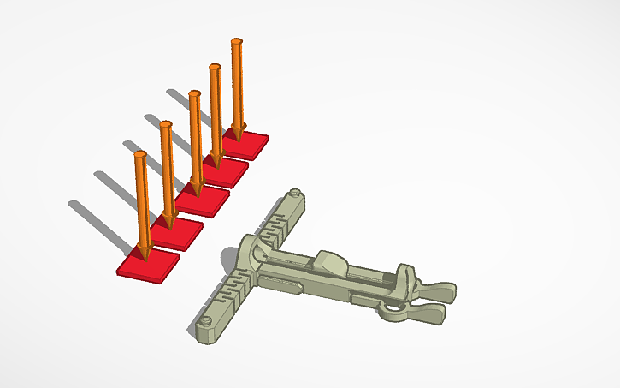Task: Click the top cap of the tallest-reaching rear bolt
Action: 237,41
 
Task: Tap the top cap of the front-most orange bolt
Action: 140,156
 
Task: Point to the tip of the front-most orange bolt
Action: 145,254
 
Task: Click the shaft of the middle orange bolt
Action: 196,137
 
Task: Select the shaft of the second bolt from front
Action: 167,171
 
